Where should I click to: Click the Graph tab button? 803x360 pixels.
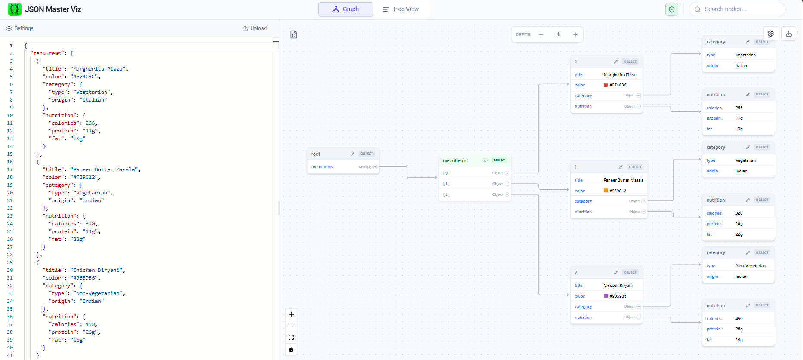(345, 9)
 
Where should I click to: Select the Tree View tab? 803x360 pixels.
(401, 9)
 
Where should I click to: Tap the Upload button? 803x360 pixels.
(254, 28)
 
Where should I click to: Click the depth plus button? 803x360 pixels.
(575, 34)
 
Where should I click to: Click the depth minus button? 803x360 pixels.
(541, 34)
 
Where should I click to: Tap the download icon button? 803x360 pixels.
(789, 34)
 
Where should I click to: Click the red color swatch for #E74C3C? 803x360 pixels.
(606, 85)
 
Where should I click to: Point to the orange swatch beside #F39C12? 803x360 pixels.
(606, 191)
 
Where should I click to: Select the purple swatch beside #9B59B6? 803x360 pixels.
(606, 296)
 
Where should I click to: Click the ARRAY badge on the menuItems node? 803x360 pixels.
(499, 160)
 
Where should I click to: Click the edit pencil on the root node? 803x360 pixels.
(352, 154)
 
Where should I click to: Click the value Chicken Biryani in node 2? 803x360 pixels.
(618, 286)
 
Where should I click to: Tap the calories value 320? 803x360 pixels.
(739, 213)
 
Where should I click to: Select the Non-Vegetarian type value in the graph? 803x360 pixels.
(750, 266)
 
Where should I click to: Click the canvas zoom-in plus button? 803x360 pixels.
(291, 314)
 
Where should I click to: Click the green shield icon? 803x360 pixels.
(671, 9)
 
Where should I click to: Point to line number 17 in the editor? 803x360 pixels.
(10, 169)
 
